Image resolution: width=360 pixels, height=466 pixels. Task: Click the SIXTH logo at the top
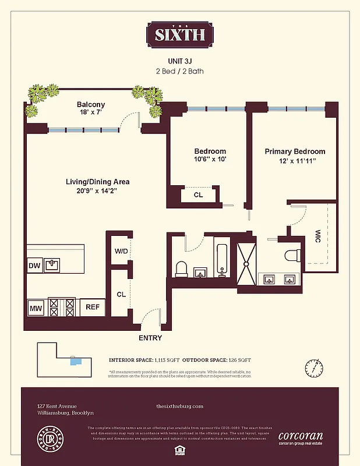pos(179,34)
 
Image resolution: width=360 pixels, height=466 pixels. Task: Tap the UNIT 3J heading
pos(179,61)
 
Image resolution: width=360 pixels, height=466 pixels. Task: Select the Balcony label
pos(91,105)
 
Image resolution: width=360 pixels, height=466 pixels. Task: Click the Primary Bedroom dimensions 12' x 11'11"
pos(295,161)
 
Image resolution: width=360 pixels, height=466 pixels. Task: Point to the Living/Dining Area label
pos(97,182)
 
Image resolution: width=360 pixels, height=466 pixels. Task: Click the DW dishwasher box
pos(34,266)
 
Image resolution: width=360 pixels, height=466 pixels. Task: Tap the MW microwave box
pos(34,307)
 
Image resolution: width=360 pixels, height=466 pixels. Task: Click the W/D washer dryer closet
pos(121,252)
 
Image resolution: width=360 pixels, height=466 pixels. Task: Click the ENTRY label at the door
pos(150,338)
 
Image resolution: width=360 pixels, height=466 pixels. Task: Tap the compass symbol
pos(313,368)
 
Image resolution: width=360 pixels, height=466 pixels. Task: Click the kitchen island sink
pos(52,265)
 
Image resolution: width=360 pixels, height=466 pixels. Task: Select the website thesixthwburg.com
pos(180,406)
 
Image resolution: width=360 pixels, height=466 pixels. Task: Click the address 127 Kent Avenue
pos(57,406)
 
